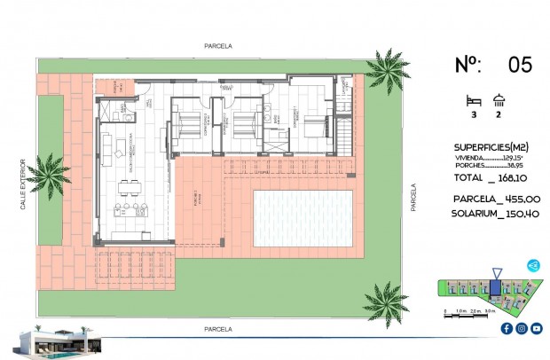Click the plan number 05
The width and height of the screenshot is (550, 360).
click(x=520, y=64)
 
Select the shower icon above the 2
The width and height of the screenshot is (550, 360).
click(x=499, y=100)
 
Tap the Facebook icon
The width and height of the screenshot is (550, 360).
click(x=506, y=328)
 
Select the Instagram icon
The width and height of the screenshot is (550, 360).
click(x=521, y=328)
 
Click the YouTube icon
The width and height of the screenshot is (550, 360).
click(x=536, y=328)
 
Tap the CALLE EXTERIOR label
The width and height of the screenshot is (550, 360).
click(x=24, y=185)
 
